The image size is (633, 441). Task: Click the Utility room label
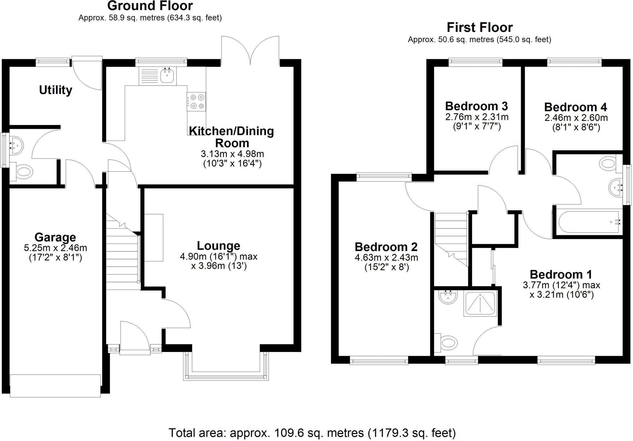point(56,90)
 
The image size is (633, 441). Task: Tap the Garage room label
point(55,237)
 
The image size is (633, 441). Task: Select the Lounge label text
point(219,246)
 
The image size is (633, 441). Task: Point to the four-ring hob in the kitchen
point(196,101)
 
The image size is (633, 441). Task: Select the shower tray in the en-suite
point(480,304)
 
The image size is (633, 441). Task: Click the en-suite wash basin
point(448,298)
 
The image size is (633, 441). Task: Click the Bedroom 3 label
point(477,106)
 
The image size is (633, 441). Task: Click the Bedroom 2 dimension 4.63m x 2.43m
point(386,258)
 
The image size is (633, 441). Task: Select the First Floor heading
point(480,28)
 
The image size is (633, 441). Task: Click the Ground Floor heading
point(150,6)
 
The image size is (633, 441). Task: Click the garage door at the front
point(55,386)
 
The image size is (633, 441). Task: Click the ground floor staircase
point(123,252)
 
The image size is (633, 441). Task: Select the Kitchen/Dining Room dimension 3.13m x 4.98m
point(232,154)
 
